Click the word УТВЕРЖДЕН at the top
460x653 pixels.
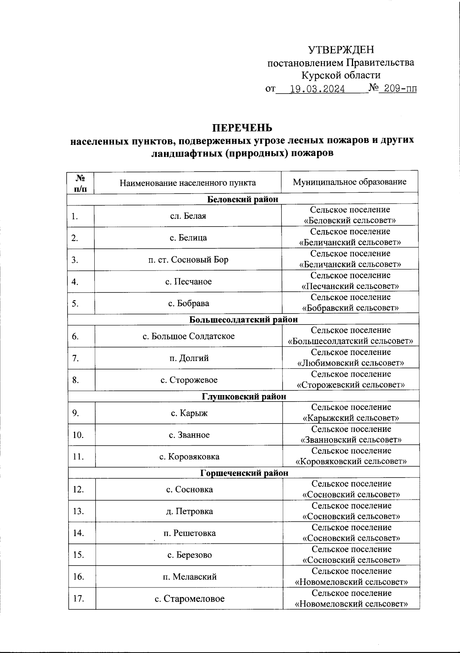(341, 50)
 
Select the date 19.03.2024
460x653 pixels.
(317, 89)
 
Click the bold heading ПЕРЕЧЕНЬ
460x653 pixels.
(242, 127)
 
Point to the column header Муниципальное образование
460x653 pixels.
(350, 182)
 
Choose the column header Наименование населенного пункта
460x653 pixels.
(188, 182)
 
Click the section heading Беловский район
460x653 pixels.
(243, 199)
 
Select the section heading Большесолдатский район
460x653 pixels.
(243, 319)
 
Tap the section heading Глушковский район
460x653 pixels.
(244, 396)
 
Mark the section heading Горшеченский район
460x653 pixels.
(244, 473)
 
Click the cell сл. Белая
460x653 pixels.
(188, 216)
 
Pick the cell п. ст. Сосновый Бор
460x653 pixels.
(188, 259)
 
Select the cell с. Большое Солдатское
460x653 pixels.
(189, 336)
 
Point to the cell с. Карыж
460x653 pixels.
(189, 413)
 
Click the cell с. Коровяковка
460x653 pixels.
(189, 456)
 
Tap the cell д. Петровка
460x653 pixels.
(189, 511)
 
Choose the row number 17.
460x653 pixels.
(78, 599)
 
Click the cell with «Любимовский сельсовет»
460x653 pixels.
(350, 358)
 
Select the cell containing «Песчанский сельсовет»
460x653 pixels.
(350, 281)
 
